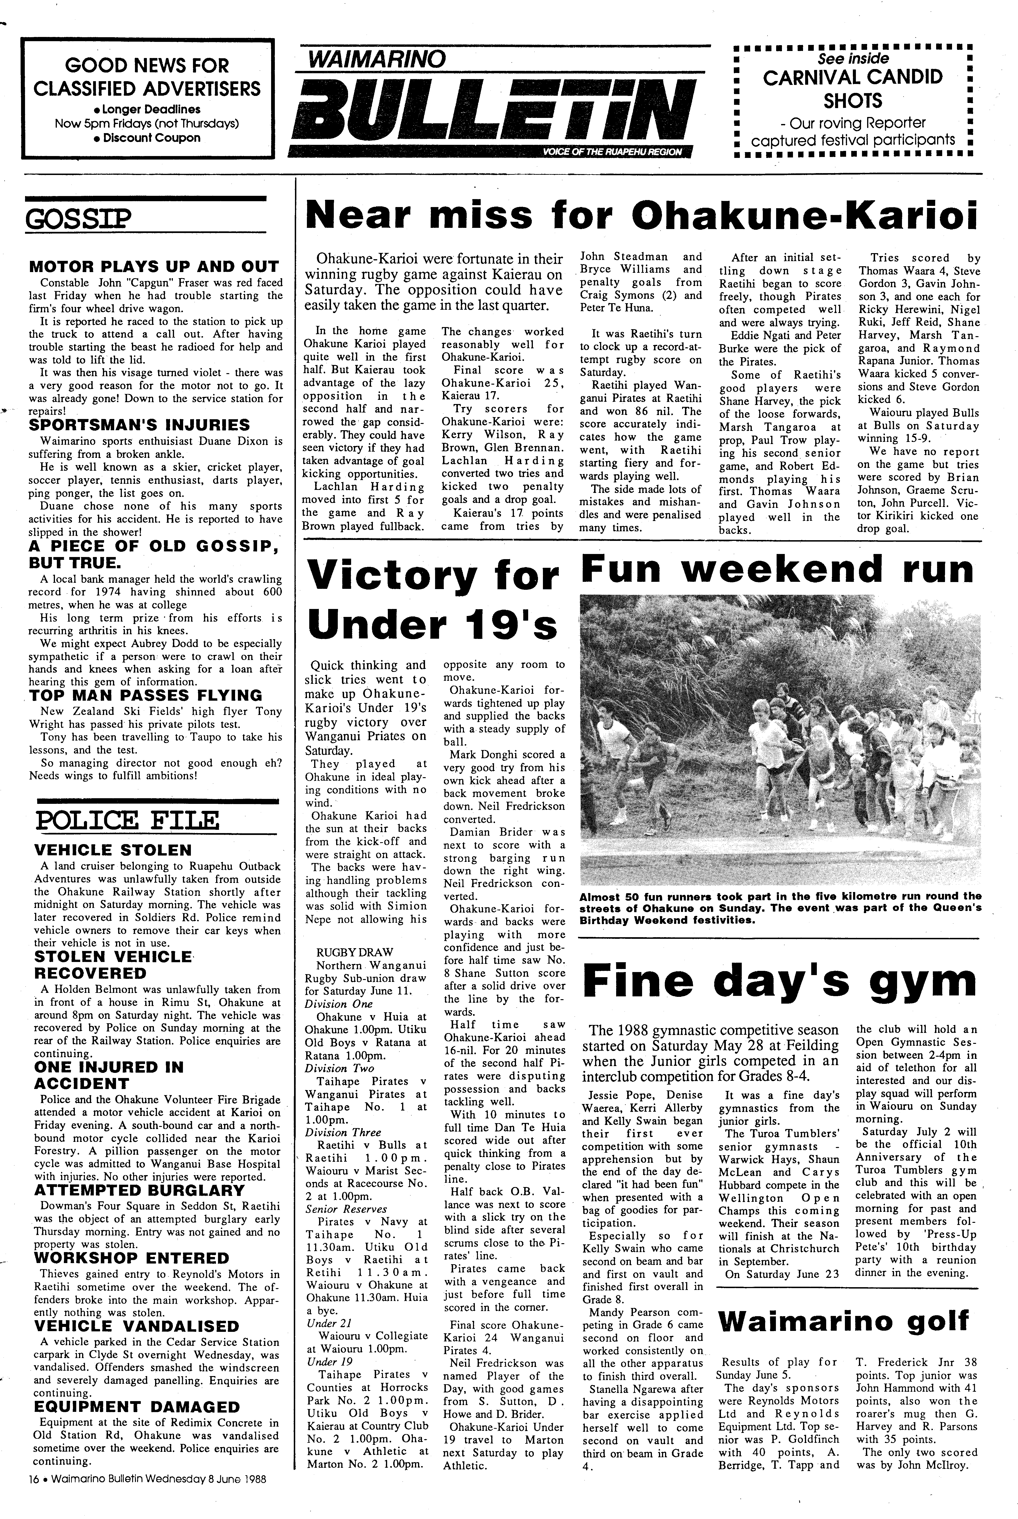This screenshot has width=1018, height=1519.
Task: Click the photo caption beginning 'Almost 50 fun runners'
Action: pos(779,908)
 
